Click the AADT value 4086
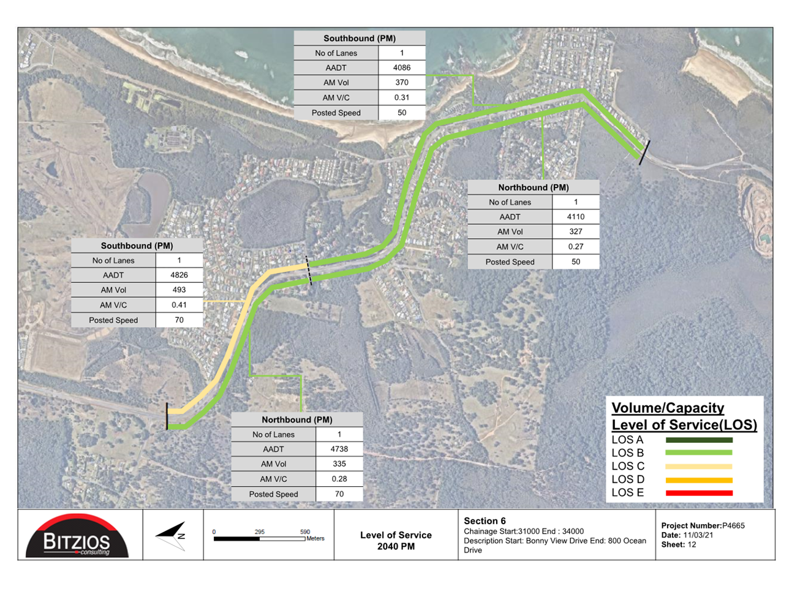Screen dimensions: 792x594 (402, 67)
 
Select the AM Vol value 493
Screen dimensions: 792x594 (179, 290)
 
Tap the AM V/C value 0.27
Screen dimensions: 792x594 (576, 246)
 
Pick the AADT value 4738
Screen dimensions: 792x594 (339, 449)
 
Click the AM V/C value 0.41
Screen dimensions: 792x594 (179, 305)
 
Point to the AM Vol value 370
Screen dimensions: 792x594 (402, 82)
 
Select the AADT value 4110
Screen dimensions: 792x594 (576, 217)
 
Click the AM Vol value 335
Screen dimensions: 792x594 (339, 464)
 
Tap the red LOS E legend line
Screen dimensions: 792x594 (699, 493)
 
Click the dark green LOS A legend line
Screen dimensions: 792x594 (699, 440)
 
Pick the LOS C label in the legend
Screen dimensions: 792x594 (628, 466)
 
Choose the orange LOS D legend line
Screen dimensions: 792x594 (699, 480)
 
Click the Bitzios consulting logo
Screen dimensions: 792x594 (77, 536)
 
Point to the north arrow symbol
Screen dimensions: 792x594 (171, 536)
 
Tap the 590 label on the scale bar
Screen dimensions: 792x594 (305, 532)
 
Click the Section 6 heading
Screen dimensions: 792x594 (485, 521)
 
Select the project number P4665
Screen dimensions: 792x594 (733, 525)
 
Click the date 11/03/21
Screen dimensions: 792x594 (698, 535)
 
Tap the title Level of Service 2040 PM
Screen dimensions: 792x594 (396, 541)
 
